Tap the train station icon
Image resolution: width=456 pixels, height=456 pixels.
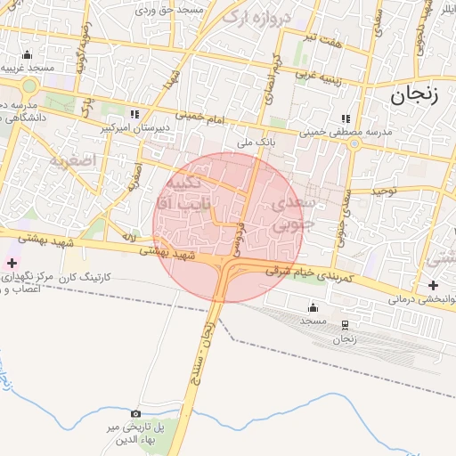pos(345,325)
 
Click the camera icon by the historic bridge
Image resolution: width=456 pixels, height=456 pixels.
pos(135,413)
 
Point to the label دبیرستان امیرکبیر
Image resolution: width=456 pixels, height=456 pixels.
pos(134,128)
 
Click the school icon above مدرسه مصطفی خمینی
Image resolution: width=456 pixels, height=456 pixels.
pos(346,118)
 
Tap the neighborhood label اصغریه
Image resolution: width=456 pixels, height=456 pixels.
pos(71,161)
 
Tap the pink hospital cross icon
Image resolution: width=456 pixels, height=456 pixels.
pos(12,263)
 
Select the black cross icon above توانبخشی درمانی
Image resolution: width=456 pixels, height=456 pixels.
pos(433,285)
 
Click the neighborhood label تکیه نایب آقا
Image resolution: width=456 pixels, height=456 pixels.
pos(186,193)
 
